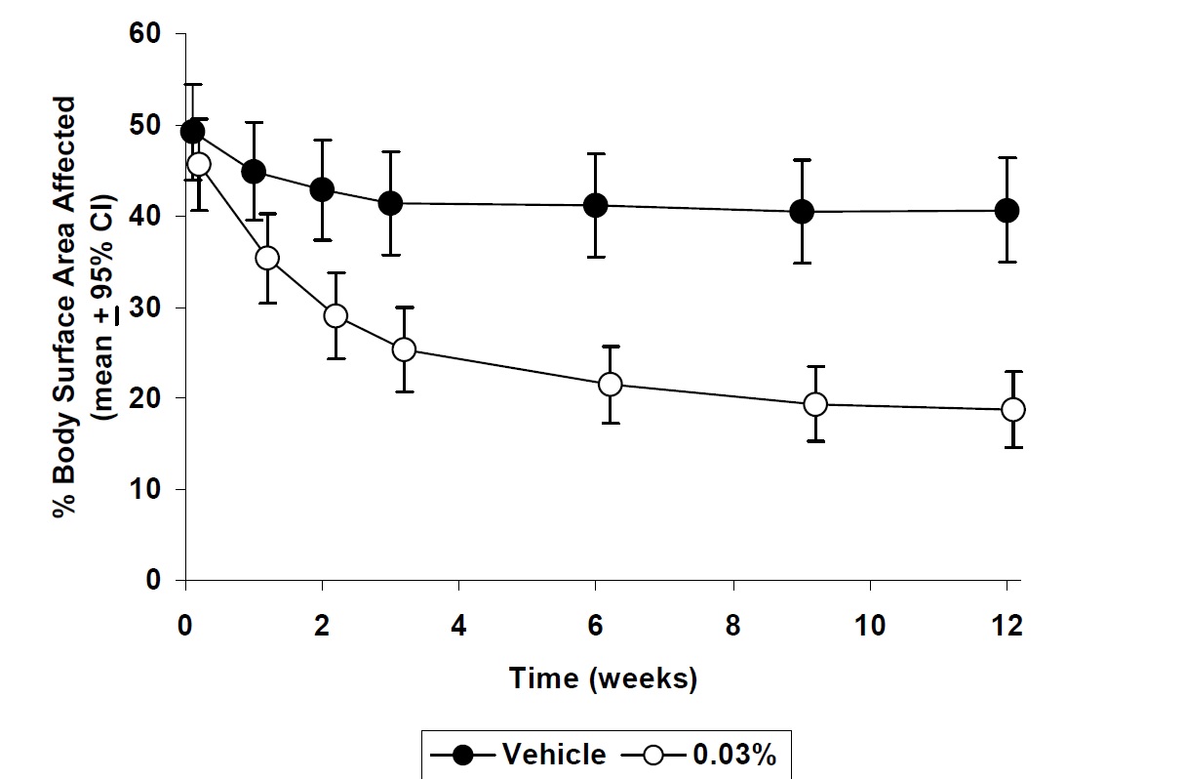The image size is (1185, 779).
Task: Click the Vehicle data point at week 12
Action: point(1007,210)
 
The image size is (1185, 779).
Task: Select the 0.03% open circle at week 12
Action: point(1013,409)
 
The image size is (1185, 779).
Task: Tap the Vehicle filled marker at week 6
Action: point(595,205)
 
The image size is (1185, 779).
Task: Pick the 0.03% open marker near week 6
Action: point(610,384)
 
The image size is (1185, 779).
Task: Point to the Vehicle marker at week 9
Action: point(802,211)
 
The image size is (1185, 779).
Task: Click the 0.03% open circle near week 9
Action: point(815,404)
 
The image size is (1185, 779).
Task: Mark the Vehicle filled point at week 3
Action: point(390,203)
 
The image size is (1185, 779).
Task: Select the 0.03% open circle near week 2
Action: point(336,315)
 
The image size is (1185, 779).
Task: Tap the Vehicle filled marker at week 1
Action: point(254,172)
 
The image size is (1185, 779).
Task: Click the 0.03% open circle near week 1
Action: point(267,258)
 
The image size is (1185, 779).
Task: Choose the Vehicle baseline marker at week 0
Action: point(193,131)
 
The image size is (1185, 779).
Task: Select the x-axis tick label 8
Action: point(732,626)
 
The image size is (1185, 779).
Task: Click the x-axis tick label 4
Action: point(458,626)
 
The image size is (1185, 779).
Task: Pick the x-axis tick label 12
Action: point(1007,626)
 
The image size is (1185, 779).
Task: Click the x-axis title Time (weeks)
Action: point(603,679)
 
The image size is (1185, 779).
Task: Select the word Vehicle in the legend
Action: point(553,755)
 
